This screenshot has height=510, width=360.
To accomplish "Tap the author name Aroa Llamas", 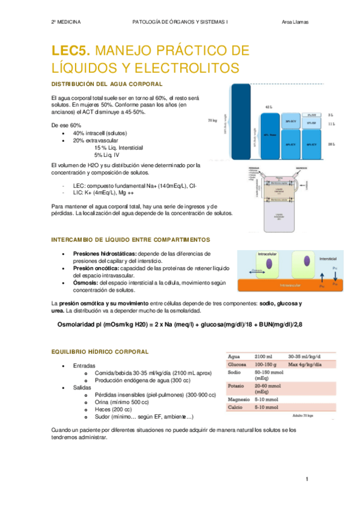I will point(295,22).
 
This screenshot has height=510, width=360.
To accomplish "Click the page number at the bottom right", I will point(307,479).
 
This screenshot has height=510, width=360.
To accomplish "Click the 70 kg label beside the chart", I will point(212,120).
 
